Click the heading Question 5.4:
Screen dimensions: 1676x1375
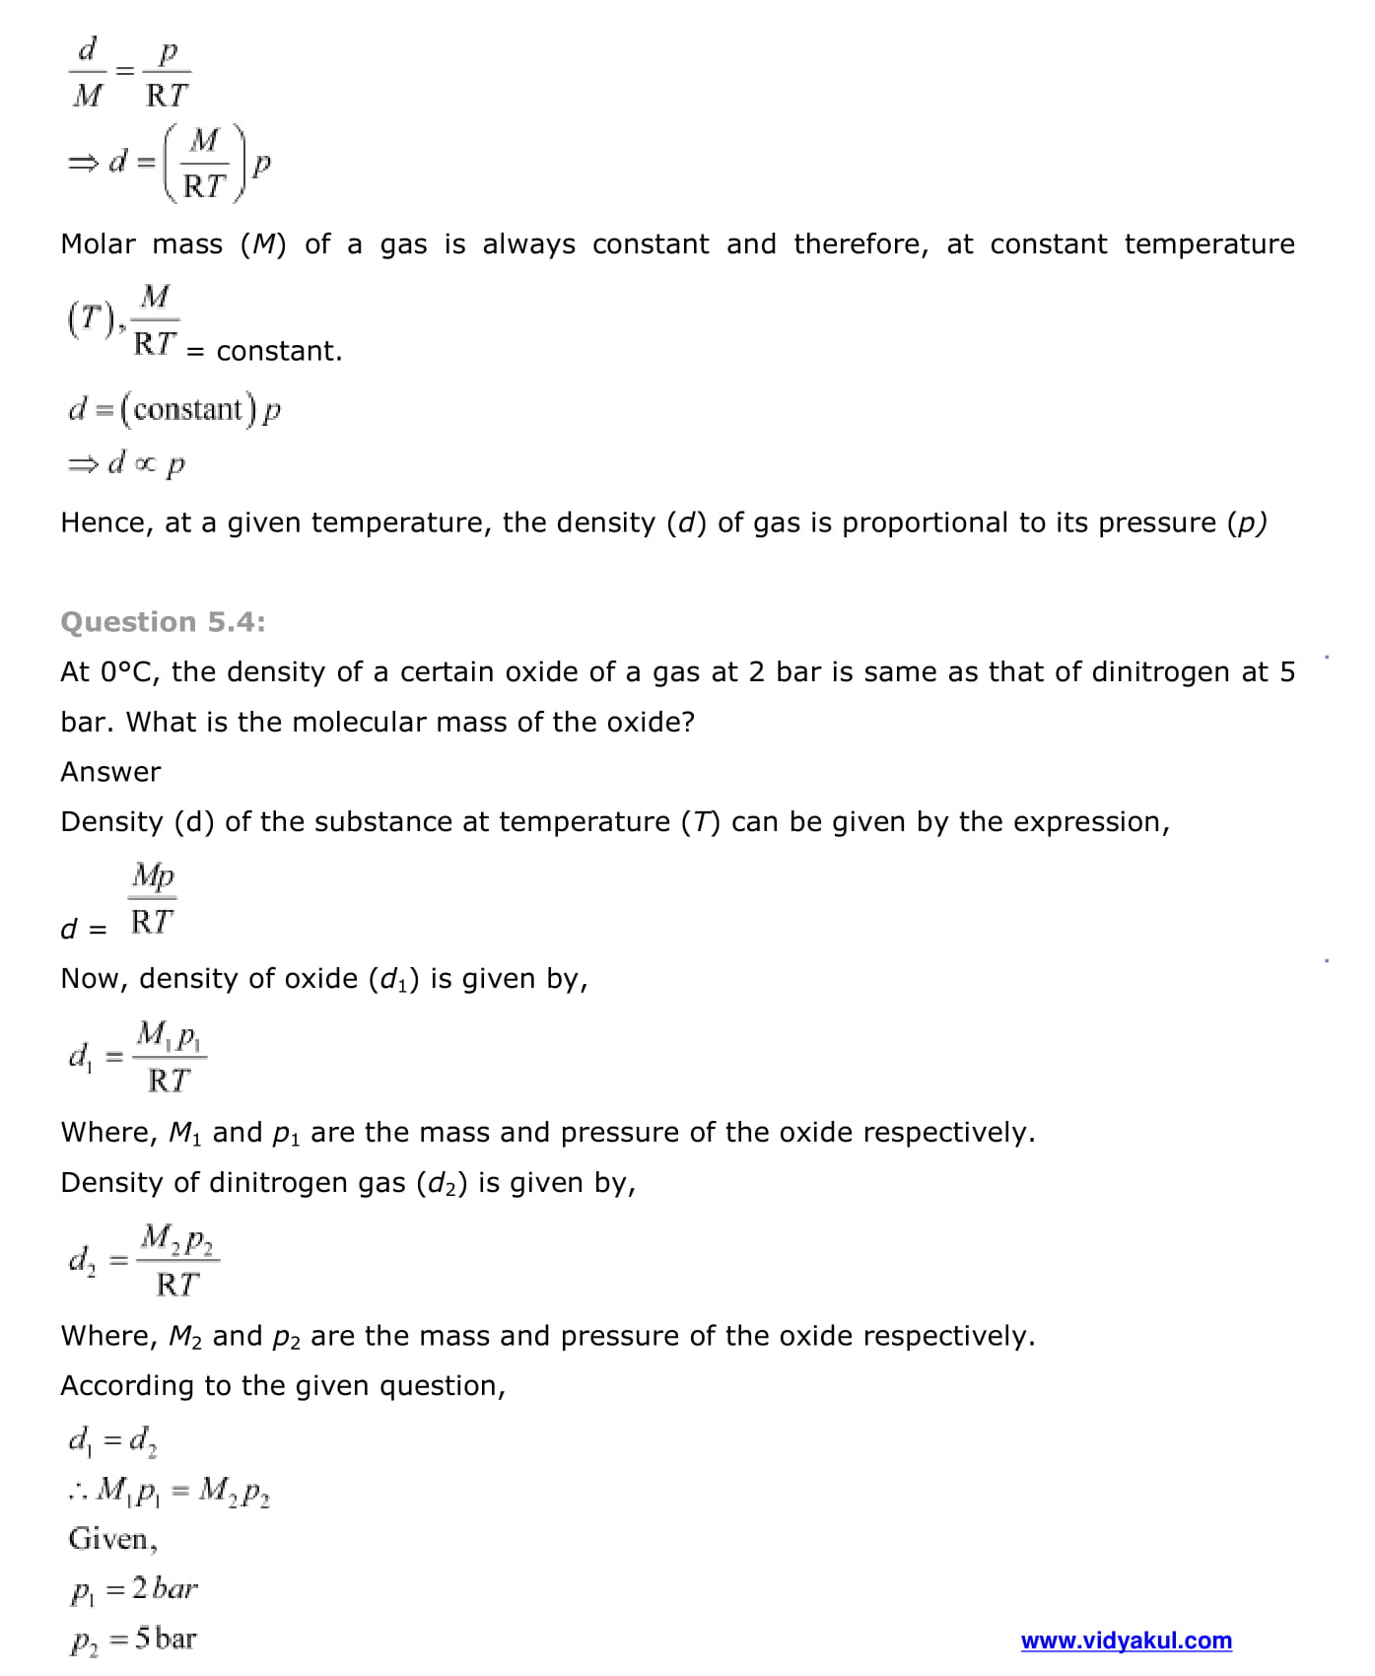(163, 622)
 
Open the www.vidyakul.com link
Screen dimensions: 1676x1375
(1126, 1641)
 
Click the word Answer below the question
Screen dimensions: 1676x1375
(110, 772)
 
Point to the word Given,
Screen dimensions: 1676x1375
(112, 1539)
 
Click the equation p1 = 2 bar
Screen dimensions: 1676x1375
(133, 1589)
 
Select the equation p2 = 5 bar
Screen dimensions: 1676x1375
(133, 1640)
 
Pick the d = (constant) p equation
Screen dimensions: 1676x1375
(174, 409)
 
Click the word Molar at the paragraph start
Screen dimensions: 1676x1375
(98, 244)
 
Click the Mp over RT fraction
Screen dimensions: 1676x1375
(153, 898)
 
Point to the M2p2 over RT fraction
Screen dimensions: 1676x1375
(178, 1260)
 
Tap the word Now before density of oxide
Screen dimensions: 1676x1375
(92, 979)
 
